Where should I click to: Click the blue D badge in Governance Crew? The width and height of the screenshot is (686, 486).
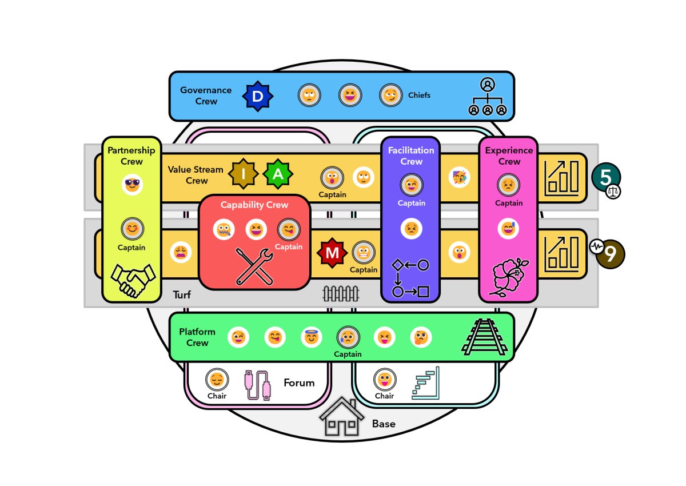tap(258, 96)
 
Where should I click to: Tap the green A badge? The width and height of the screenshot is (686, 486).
tap(277, 174)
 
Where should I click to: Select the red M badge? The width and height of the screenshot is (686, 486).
tap(332, 253)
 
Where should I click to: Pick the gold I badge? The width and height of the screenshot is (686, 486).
tap(243, 174)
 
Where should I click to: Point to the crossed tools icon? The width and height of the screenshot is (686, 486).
tap(254, 266)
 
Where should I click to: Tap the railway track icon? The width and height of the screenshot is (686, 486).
tap(484, 337)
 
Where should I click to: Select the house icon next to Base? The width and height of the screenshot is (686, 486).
tap(341, 416)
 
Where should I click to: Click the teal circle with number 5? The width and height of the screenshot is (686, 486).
tap(606, 177)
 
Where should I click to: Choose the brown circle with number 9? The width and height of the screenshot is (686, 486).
tap(611, 254)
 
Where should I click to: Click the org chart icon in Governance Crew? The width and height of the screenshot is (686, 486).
tap(488, 97)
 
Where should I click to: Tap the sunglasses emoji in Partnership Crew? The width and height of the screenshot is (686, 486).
tap(132, 185)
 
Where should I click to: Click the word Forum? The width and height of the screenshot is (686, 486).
tap(299, 383)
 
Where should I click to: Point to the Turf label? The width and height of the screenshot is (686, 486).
tap(182, 295)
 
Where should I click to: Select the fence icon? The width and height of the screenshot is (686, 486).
tap(341, 294)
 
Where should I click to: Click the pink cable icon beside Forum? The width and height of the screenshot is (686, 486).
tap(258, 385)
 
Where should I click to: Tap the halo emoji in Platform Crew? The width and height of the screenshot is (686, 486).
tap(311, 337)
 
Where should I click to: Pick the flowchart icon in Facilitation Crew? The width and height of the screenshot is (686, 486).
tap(410, 278)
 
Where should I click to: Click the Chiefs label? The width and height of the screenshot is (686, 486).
tap(419, 95)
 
